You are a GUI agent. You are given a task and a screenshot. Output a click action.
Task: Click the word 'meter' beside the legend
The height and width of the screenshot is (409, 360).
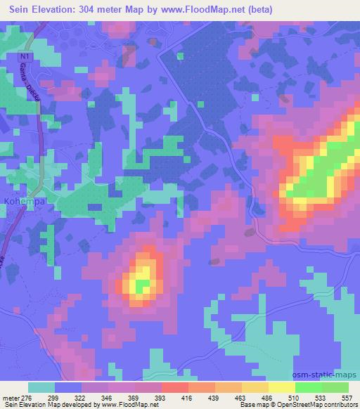tap(11, 398)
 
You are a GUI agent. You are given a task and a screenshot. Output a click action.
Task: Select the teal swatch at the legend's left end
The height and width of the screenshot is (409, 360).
tap(41, 387)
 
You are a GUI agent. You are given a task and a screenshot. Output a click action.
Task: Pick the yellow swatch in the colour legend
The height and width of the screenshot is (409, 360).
tap(282, 387)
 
